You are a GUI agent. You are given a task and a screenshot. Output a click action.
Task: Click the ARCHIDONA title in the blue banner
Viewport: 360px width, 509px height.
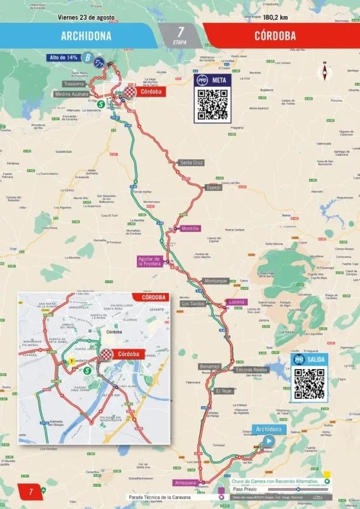[86, 36]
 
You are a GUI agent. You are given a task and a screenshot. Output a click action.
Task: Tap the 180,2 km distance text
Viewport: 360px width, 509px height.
[276, 18]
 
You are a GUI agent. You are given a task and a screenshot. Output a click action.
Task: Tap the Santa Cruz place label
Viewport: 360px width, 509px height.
[191, 163]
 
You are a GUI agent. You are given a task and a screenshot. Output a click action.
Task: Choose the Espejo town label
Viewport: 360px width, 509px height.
[213, 188]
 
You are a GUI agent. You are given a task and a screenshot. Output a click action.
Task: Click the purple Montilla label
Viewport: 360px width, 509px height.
[190, 228]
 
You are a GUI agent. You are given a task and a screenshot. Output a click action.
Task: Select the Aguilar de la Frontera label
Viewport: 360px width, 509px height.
[150, 261]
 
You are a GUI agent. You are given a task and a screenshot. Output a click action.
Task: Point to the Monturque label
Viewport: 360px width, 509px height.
[215, 281]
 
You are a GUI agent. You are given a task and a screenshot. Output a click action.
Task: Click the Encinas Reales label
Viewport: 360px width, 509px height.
[251, 369]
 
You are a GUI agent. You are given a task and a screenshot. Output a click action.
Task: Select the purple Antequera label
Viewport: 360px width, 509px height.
[187, 482]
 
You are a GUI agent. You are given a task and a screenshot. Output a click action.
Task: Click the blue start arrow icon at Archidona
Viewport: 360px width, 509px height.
[269, 440]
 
